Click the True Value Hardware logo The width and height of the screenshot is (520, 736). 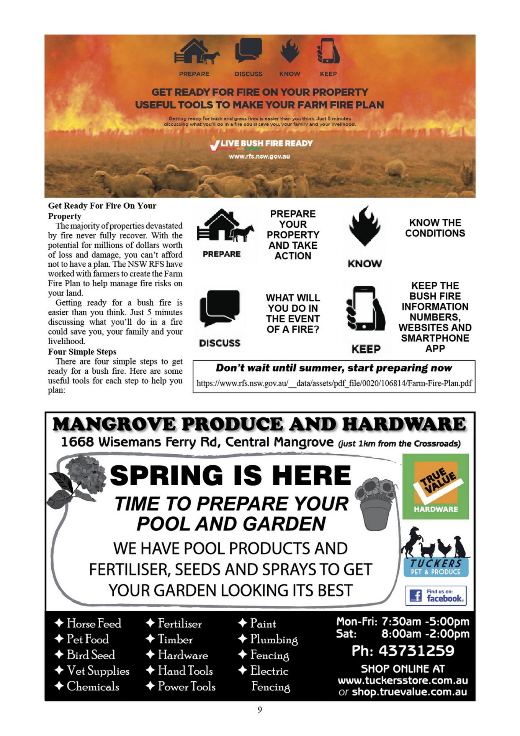(435, 486)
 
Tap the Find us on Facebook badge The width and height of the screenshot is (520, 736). (436, 595)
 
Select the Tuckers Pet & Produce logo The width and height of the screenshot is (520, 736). (435, 552)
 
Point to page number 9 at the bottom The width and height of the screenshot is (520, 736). (260, 710)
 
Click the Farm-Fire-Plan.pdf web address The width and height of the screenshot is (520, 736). (334, 383)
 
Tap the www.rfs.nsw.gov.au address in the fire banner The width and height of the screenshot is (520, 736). (259, 156)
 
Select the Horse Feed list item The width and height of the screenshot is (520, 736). (94, 623)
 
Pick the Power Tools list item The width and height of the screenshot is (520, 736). (186, 686)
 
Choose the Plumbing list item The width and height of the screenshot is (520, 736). (273, 639)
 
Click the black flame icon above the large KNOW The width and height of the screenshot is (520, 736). (365, 226)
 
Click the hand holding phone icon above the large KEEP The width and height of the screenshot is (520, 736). (365, 309)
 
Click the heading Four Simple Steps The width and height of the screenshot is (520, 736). (82, 352)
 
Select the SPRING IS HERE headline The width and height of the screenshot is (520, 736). (231, 475)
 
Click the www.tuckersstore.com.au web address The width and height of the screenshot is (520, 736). (402, 680)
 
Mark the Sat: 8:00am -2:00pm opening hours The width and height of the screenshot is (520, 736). (402, 634)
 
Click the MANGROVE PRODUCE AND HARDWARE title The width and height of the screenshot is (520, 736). (259, 424)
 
